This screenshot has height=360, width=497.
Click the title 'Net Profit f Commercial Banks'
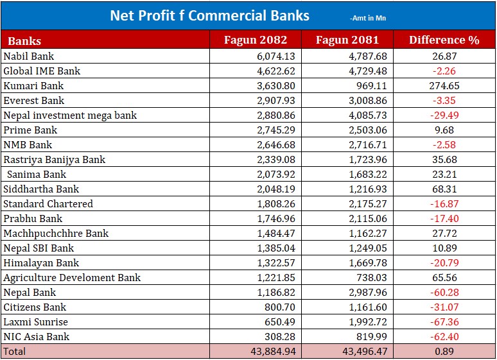click(209, 15)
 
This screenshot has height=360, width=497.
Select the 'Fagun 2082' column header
click(255, 40)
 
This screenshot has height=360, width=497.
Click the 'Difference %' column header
click(444, 40)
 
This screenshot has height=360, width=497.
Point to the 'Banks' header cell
click(24, 41)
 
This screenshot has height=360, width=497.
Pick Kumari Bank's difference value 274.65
click(444, 86)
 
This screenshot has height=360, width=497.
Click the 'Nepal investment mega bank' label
click(70, 116)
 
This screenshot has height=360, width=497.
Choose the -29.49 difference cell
click(444, 116)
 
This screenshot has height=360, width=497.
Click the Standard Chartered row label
click(48, 204)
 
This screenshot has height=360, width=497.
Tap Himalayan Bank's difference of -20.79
click(444, 263)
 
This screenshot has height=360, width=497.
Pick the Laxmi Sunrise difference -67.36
click(444, 322)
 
